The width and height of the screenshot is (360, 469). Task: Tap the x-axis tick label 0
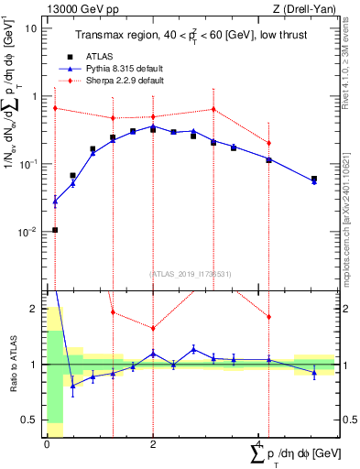point(46,444)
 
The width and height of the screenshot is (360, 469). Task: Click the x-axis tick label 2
point(152,444)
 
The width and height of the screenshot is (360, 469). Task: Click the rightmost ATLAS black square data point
point(314,180)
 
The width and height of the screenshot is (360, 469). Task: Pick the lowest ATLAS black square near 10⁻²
point(55,230)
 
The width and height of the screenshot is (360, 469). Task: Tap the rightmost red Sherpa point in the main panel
point(268,143)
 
